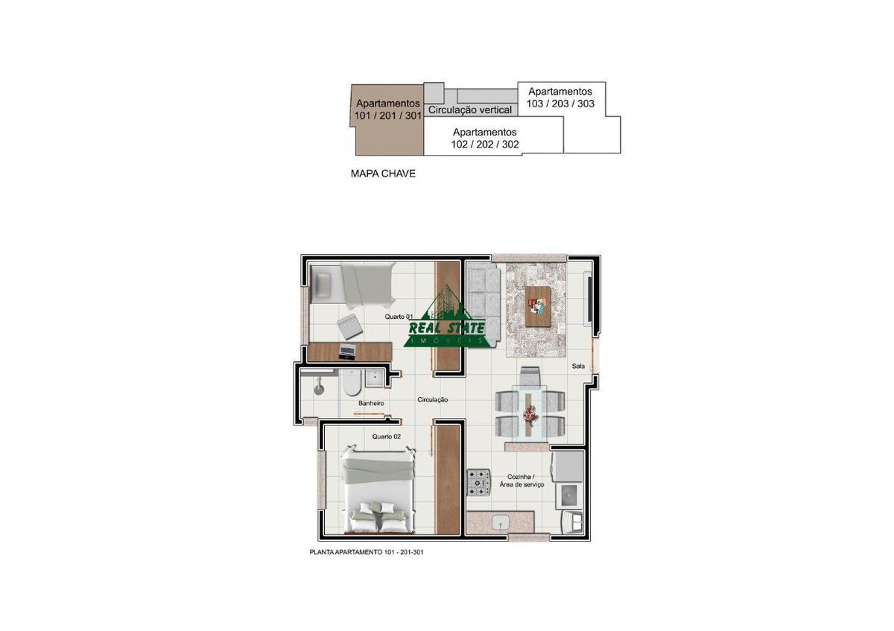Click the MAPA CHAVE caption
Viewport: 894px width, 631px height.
point(383,174)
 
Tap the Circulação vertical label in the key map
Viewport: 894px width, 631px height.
point(470,110)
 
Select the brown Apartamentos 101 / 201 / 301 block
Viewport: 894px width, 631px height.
point(387,120)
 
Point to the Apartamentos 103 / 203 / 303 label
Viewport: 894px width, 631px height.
point(560,98)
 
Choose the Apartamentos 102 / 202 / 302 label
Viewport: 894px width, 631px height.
point(485,138)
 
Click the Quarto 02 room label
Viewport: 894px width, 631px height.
point(386,437)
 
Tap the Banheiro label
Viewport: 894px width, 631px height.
point(371,404)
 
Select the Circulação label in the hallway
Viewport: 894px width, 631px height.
point(433,399)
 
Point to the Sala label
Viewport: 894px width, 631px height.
point(578,366)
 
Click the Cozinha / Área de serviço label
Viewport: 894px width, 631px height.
point(521,481)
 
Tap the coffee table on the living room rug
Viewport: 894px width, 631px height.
point(538,306)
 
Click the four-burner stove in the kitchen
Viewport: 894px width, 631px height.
point(479,483)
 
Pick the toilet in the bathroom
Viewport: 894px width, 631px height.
point(352,382)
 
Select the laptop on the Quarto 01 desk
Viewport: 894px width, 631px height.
point(347,351)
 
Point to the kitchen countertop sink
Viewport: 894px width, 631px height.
point(500,522)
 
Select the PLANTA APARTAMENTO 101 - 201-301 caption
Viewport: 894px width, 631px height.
point(367,552)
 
